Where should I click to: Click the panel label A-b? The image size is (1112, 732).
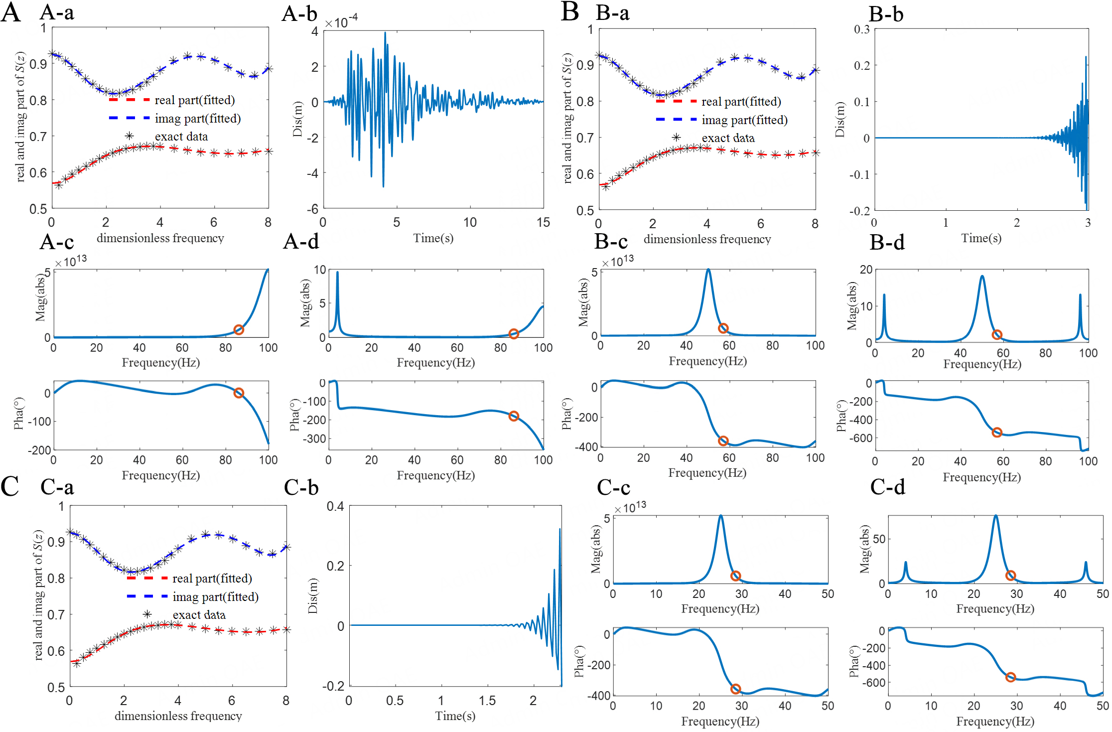tap(299, 13)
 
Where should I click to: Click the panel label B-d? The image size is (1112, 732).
tap(887, 243)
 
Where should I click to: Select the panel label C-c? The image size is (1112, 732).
tap(613, 487)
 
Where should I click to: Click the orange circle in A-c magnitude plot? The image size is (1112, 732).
tap(239, 330)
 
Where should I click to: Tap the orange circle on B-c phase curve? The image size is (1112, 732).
tap(723, 441)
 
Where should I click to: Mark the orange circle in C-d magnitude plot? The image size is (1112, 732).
tap(1010, 576)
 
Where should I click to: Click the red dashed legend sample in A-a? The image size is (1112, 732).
tap(129, 100)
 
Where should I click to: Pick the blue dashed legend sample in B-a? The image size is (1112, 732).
tap(676, 120)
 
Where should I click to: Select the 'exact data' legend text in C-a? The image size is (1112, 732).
tap(199, 615)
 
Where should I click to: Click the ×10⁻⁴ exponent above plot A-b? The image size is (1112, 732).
tap(341, 22)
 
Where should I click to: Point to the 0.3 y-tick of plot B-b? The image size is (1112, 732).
tap(861, 29)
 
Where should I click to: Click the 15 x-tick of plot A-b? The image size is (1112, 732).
tap(543, 222)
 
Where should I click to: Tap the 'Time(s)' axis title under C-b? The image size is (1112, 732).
tap(455, 716)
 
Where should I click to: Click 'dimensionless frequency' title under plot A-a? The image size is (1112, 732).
tap(160, 238)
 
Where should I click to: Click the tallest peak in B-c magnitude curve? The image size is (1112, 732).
tap(708, 271)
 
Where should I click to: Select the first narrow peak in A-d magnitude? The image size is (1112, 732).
tap(337, 273)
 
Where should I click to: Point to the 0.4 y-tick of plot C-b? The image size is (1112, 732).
tap(335, 506)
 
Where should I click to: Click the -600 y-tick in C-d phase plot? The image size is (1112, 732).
tap(869, 683)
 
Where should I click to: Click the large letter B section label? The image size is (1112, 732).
tap(569, 12)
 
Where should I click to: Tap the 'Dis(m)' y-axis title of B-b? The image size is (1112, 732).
tap(839, 120)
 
